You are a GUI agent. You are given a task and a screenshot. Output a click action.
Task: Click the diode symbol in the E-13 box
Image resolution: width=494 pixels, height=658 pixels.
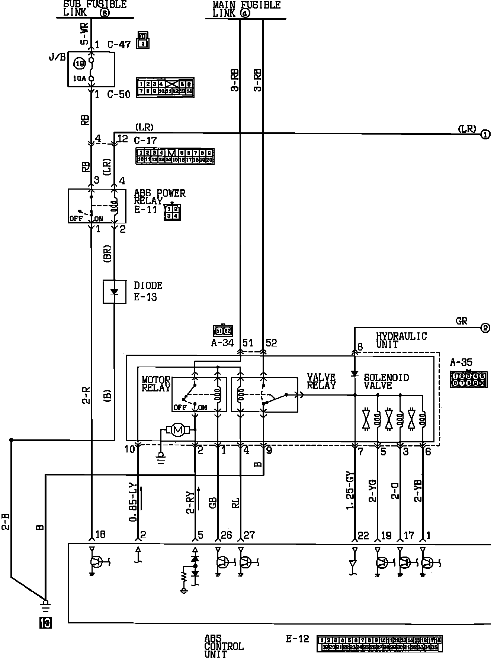(x=114, y=292)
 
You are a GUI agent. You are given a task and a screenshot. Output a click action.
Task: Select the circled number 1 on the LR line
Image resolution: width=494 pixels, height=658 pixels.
(x=485, y=135)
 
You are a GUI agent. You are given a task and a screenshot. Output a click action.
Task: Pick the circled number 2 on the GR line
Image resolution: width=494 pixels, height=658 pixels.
(x=485, y=328)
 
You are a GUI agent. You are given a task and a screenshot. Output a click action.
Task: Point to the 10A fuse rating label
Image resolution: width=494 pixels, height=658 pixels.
(x=80, y=79)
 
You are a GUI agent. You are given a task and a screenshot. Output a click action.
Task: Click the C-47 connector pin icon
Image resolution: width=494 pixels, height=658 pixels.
(x=143, y=40)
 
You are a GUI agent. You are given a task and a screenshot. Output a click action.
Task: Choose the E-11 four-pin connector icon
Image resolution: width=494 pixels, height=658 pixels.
(x=172, y=212)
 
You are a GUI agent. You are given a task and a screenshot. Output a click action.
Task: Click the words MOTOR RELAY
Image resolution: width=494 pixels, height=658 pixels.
(x=156, y=384)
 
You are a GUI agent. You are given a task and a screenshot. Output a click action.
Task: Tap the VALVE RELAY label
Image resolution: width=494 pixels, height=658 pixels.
(x=321, y=381)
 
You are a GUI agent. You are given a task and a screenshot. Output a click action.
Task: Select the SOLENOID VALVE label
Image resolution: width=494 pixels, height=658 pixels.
(x=386, y=381)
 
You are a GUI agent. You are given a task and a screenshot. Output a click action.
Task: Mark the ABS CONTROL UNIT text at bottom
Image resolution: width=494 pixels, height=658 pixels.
(x=224, y=646)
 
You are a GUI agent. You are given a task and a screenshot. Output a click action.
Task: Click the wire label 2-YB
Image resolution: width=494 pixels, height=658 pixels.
(x=418, y=490)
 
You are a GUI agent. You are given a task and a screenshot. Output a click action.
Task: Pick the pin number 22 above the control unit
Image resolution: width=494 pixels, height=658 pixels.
(x=363, y=536)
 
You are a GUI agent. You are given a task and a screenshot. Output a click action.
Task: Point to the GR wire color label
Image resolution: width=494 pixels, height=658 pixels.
(x=461, y=320)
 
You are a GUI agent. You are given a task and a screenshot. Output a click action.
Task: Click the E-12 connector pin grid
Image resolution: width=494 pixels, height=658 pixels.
(x=379, y=644)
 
